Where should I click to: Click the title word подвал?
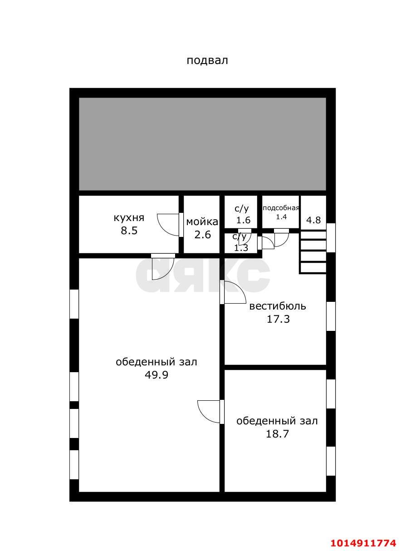[207, 60]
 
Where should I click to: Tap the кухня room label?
[129, 218]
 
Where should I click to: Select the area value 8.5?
[129, 231]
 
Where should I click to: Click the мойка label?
[202, 222]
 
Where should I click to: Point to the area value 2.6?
[202, 235]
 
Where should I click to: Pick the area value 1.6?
[244, 221]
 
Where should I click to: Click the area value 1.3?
[241, 248]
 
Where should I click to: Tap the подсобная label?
[281, 208]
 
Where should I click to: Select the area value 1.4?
[281, 217]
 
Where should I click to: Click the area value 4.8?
[313, 221]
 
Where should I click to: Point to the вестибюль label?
[278, 306]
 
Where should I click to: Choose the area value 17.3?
[278, 319]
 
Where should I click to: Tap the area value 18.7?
[277, 434]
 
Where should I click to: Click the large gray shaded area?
[202, 144]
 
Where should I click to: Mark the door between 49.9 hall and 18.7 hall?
[210, 411]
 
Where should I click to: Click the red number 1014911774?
[363, 543]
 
